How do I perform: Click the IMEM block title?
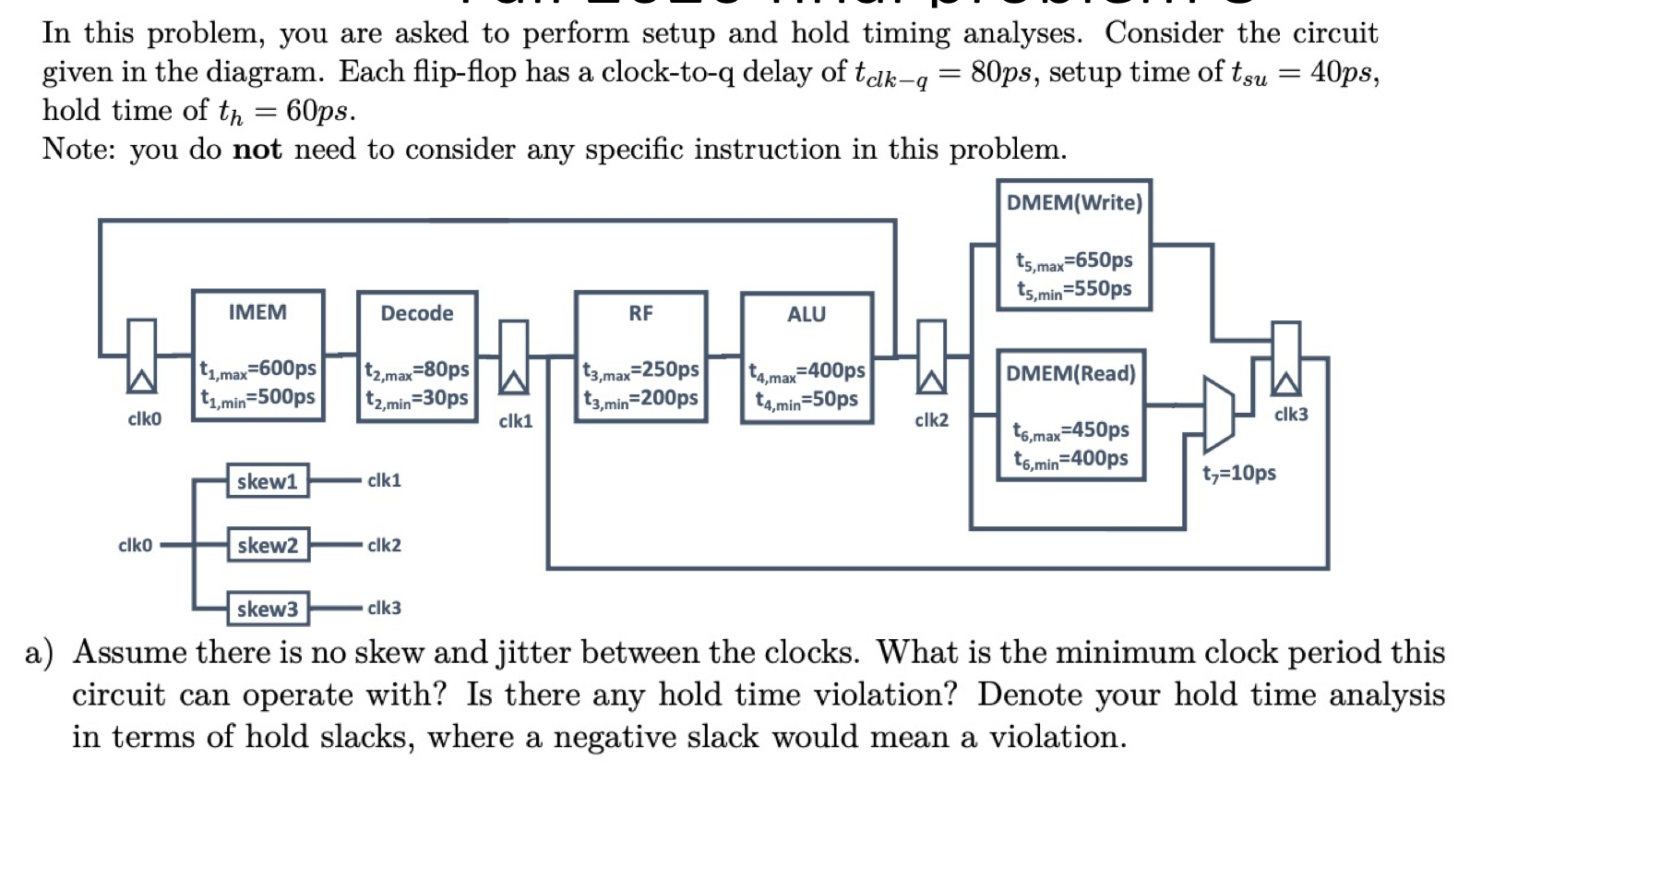pyautogui.click(x=257, y=312)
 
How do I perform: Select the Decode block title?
pyautogui.click(x=416, y=313)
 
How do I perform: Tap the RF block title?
pyautogui.click(x=640, y=313)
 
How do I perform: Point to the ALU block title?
pyautogui.click(x=806, y=314)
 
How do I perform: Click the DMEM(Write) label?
pyautogui.click(x=1074, y=202)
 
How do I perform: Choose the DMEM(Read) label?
pyautogui.click(x=1070, y=373)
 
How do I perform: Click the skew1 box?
pyautogui.click(x=268, y=481)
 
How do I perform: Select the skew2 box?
pyautogui.click(x=268, y=545)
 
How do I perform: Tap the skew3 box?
pyautogui.click(x=268, y=609)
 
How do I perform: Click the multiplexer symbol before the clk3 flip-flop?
pyautogui.click(x=1218, y=413)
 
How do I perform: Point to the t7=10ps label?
pyautogui.click(x=1239, y=473)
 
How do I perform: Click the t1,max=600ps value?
pyautogui.click(x=258, y=368)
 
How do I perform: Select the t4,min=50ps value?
pyautogui.click(x=807, y=400)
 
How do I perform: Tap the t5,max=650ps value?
pyautogui.click(x=1074, y=260)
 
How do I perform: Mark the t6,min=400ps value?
pyautogui.click(x=1070, y=458)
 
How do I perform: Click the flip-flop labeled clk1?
pyautogui.click(x=514, y=357)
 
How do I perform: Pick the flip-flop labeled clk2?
pyautogui.click(x=931, y=357)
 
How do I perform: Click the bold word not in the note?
pyautogui.click(x=257, y=150)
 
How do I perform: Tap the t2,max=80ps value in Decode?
pyautogui.click(x=417, y=370)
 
